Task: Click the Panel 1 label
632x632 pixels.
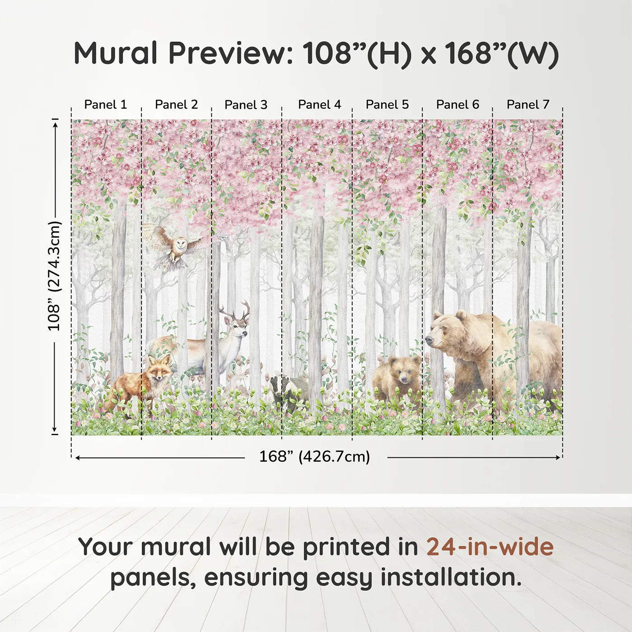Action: pos(106,105)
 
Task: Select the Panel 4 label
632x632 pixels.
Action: pos(319,105)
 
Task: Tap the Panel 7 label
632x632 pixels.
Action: pos(528,105)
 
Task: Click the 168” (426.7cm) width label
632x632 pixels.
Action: pos(315,457)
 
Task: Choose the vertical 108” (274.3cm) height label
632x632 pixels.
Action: pos(54,276)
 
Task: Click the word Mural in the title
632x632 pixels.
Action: pos(116,53)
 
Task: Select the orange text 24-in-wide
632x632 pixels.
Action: pos(490,547)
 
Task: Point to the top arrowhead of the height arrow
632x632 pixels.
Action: pos(55,123)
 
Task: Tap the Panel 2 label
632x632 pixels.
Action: pos(176,105)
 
